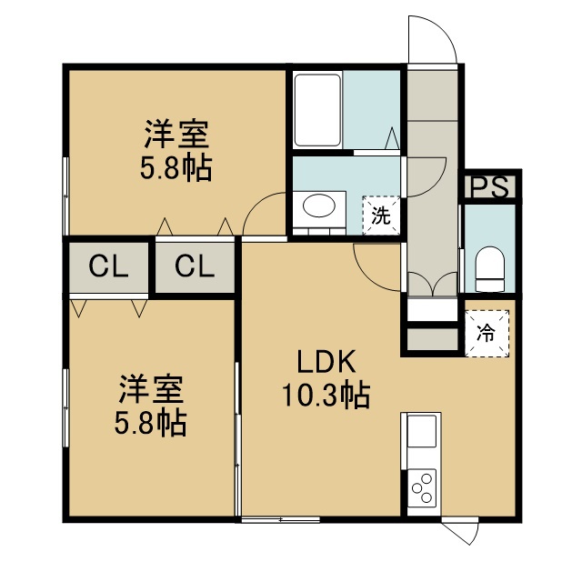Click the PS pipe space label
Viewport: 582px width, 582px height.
click(x=489, y=187)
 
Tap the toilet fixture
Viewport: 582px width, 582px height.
click(x=489, y=269)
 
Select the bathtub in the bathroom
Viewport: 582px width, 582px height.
click(x=317, y=110)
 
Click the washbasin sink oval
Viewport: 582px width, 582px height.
click(x=319, y=206)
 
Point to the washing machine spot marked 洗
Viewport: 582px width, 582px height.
click(x=381, y=216)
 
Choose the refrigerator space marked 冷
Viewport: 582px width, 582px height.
click(x=487, y=333)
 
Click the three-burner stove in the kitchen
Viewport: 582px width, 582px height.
click(x=422, y=488)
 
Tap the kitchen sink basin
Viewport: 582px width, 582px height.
click(x=422, y=431)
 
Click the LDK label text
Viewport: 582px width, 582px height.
click(x=326, y=361)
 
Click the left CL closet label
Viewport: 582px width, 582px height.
click(x=108, y=266)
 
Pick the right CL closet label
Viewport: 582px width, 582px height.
click(x=195, y=266)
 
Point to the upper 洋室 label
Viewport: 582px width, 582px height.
click(x=176, y=134)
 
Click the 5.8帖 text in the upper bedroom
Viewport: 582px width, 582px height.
click(x=176, y=167)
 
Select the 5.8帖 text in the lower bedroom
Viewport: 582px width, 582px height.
click(x=150, y=422)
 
